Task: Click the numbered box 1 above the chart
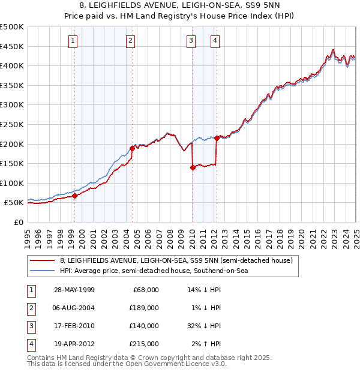click(x=73, y=41)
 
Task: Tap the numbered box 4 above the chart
click(x=215, y=41)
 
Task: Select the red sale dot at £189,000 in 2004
click(x=132, y=148)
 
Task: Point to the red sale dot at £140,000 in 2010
click(x=193, y=167)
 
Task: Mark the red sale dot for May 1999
click(x=75, y=196)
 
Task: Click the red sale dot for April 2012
click(x=216, y=138)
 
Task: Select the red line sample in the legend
click(x=42, y=260)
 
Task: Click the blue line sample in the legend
click(x=42, y=271)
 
